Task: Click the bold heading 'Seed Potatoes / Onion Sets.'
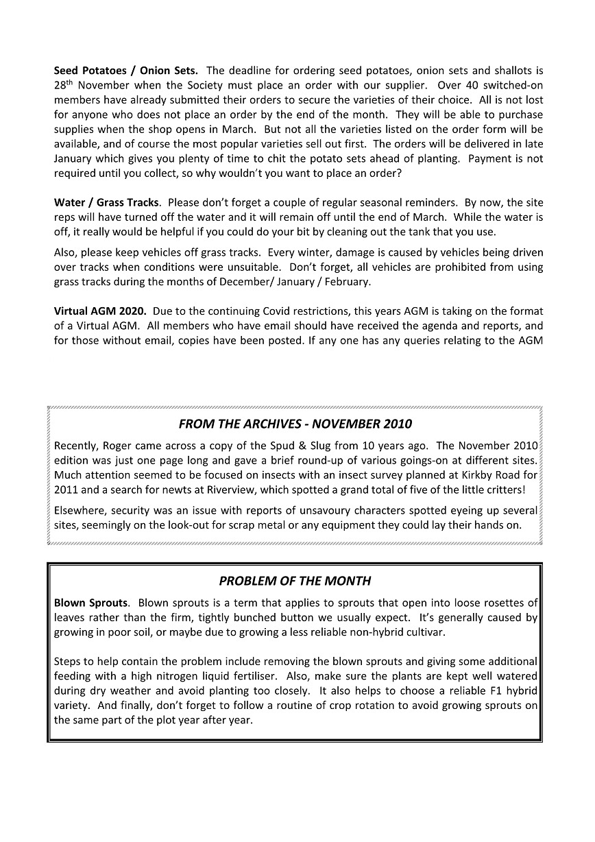[126, 70]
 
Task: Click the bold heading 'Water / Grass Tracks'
[106, 202]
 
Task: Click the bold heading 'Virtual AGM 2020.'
[100, 311]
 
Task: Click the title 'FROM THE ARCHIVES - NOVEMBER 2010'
[295, 424]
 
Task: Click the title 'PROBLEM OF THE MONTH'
[295, 581]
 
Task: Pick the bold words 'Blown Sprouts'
[90, 603]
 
